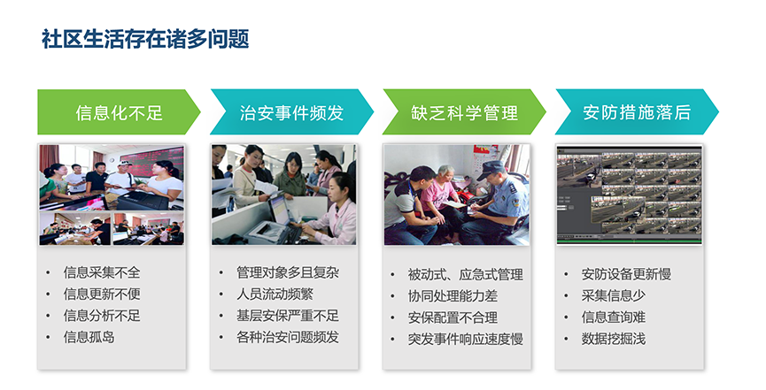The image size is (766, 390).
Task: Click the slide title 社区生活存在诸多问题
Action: click(145, 39)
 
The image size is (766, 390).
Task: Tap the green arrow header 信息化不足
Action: click(119, 111)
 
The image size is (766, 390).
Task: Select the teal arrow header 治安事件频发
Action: click(291, 111)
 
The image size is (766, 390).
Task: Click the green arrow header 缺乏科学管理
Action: click(464, 111)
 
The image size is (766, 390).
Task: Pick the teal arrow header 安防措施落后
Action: click(637, 111)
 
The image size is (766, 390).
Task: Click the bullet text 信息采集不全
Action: click(102, 272)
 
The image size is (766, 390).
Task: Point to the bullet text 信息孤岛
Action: click(89, 337)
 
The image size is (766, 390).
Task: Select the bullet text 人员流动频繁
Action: click(275, 294)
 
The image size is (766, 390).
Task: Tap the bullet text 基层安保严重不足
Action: click(288, 316)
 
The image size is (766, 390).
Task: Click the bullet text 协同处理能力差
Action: click(453, 295)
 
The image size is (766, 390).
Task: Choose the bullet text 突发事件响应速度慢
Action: click(466, 339)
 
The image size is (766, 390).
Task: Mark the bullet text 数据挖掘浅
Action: click(614, 339)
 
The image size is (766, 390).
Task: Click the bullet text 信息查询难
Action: click(614, 317)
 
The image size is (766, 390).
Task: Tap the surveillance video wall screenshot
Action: click(630, 195)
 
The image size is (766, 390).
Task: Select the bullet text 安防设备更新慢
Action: click(626, 274)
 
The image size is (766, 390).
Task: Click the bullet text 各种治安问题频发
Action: click(288, 337)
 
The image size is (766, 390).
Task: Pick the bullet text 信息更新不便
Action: click(102, 294)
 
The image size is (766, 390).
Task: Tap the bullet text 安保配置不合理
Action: click(453, 317)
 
